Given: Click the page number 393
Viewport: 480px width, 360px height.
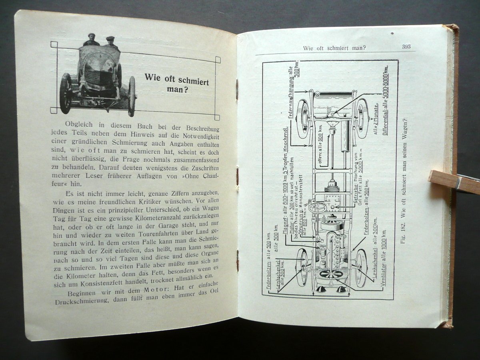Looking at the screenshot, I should (x=406, y=46).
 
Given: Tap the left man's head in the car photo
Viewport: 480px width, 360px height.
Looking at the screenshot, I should (x=92, y=38).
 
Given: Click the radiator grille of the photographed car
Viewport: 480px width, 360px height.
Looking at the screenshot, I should (x=96, y=76).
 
